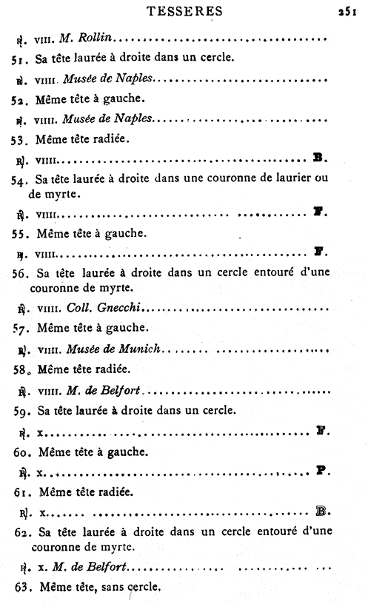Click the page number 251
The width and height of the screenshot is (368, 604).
348,11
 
